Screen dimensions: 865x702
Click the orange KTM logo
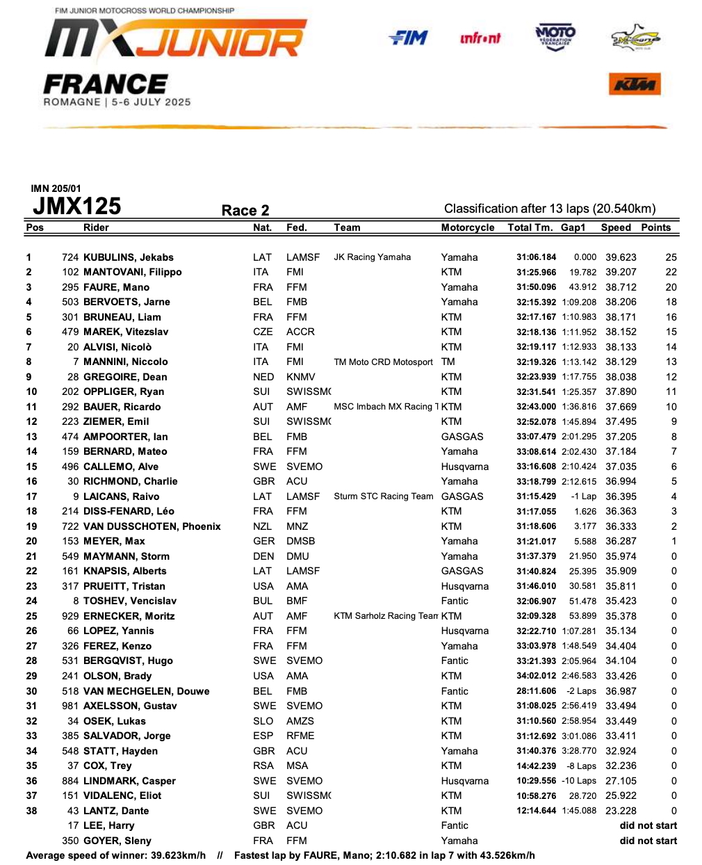click(x=635, y=85)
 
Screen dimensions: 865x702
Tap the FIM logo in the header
click(x=409, y=38)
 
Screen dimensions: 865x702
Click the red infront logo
click(x=480, y=38)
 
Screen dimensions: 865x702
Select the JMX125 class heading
click(x=77, y=207)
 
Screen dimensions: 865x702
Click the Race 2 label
click(x=245, y=210)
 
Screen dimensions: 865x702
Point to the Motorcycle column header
click(x=468, y=227)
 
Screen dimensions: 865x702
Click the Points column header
click(x=655, y=227)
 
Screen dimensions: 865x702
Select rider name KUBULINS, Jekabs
click(x=129, y=257)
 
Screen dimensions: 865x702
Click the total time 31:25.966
click(x=536, y=272)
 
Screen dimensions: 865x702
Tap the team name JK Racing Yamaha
click(x=373, y=257)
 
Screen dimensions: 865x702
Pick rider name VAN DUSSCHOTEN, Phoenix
click(x=152, y=526)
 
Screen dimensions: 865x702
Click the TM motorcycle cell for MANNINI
click(x=448, y=362)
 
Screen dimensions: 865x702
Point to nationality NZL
click(x=263, y=526)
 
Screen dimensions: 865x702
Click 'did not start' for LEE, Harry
click(x=648, y=825)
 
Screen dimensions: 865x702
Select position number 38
click(x=32, y=811)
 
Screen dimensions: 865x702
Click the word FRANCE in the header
click(x=105, y=85)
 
